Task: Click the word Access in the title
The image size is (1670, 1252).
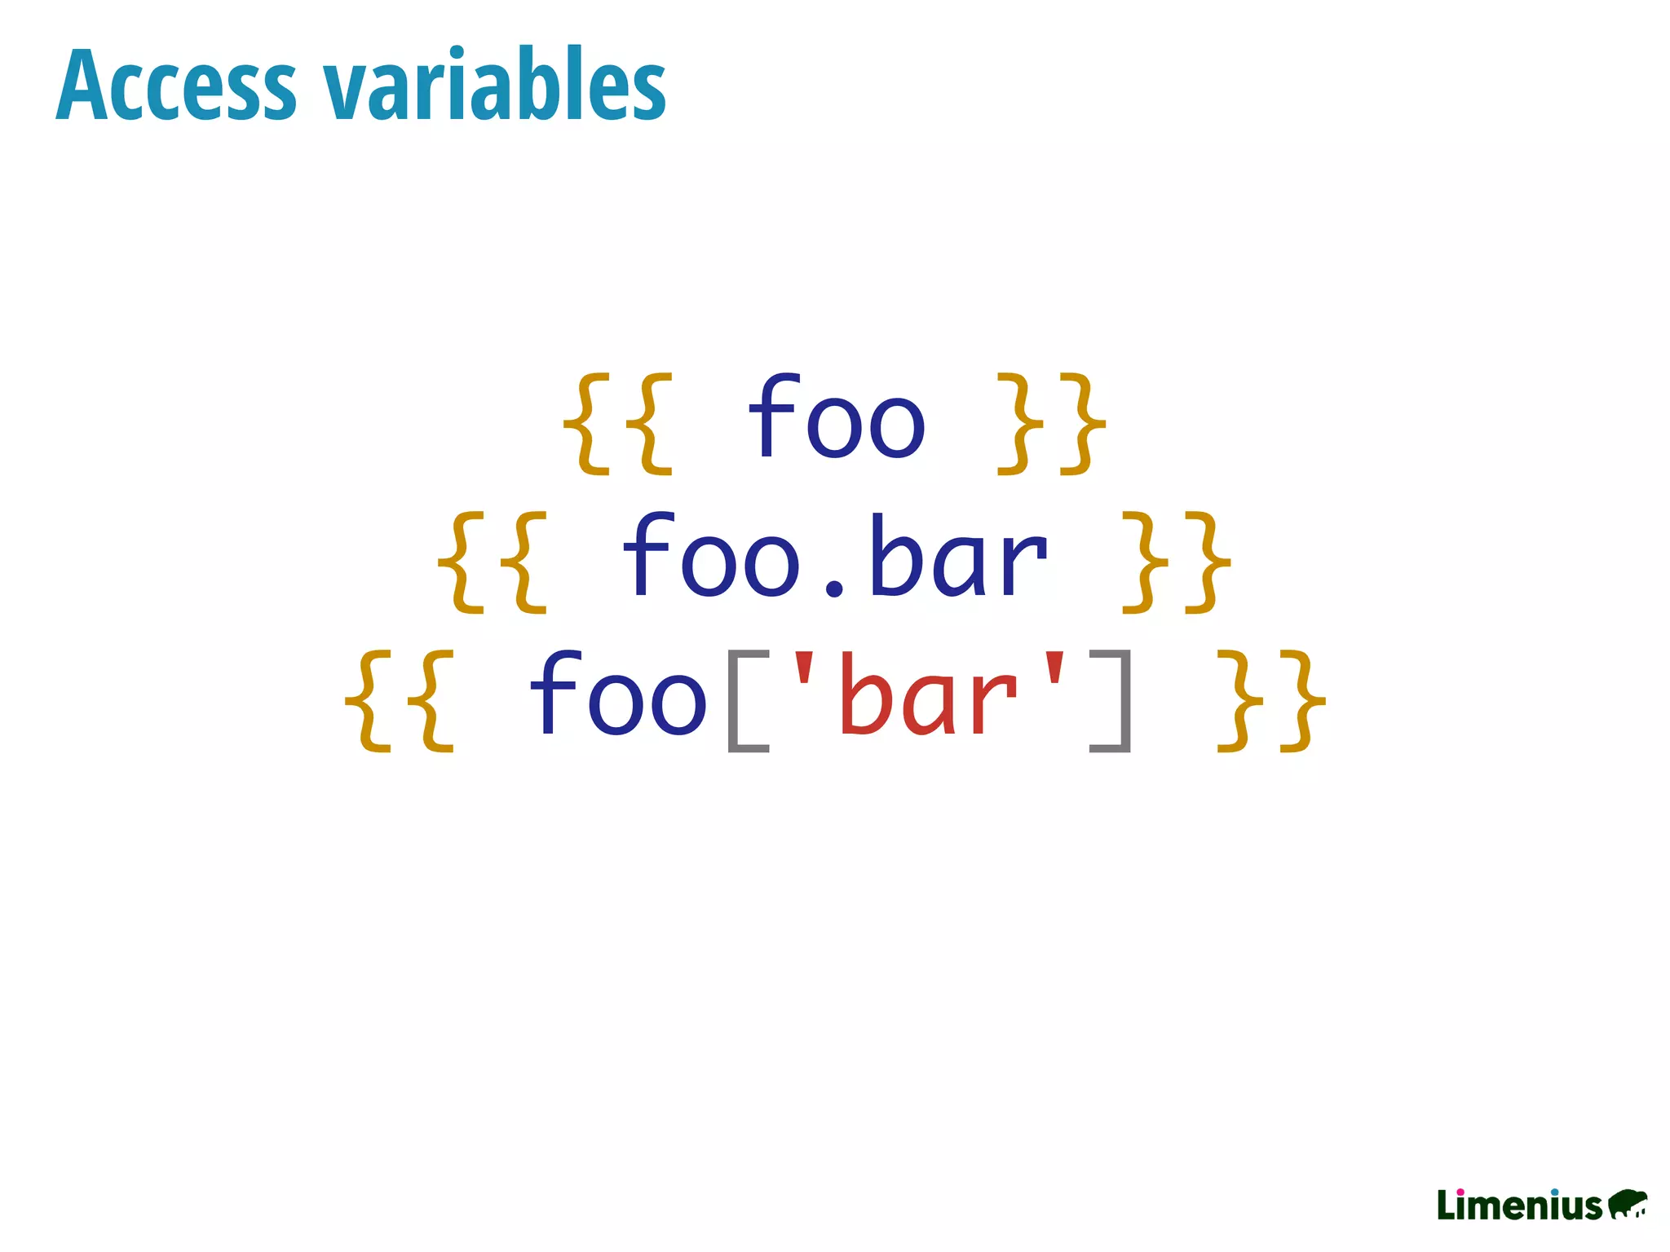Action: pyautogui.click(x=175, y=85)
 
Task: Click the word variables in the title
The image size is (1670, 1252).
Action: pyautogui.click(x=495, y=85)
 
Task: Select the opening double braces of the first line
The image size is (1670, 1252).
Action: pyautogui.click(x=618, y=423)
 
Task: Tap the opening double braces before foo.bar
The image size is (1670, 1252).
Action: pyautogui.click(x=492, y=562)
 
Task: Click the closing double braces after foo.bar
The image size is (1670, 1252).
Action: pyautogui.click(x=1177, y=562)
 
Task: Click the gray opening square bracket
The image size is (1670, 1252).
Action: pyautogui.click(x=746, y=701)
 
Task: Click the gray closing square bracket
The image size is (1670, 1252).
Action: pyautogui.click(x=1111, y=701)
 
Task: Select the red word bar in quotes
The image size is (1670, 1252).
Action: pyautogui.click(x=928, y=697)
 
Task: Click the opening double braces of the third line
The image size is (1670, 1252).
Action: pyautogui.click(x=399, y=700)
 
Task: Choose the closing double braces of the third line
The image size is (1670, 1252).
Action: pyautogui.click(x=1270, y=700)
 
